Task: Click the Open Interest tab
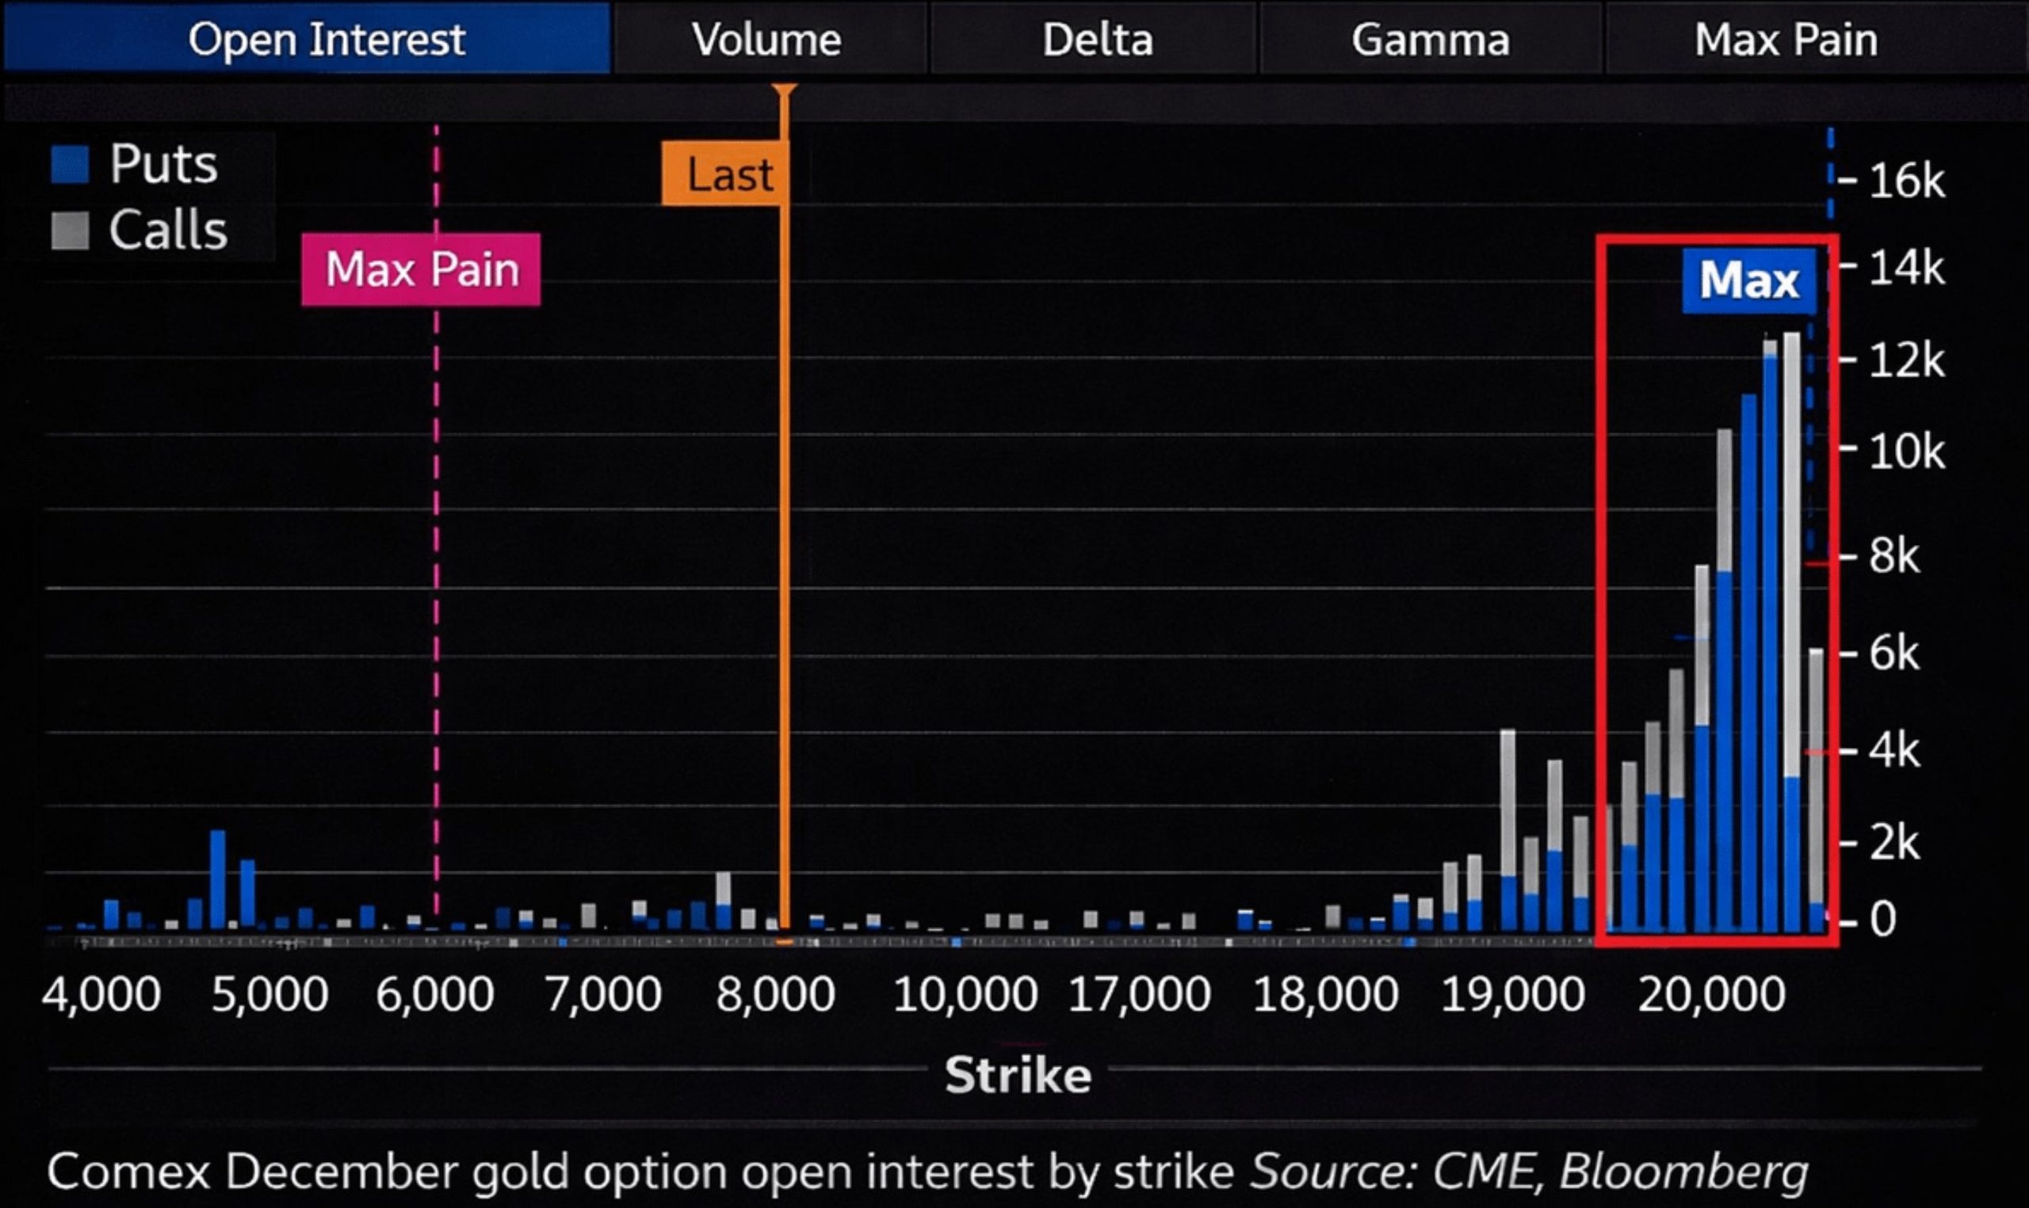point(326,39)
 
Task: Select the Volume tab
point(766,39)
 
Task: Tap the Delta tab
point(1097,39)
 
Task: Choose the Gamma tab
point(1430,39)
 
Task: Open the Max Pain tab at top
point(1786,39)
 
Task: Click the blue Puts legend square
point(70,165)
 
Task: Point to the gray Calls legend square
point(70,231)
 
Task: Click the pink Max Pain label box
point(421,269)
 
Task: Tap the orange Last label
point(727,174)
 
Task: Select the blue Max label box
point(1749,281)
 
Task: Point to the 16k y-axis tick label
point(1906,181)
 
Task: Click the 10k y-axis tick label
point(1906,451)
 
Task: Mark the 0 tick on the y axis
point(1882,920)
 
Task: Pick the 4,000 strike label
point(101,995)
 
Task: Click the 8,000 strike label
point(775,995)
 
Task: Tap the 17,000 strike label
point(1139,995)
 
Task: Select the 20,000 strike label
point(1711,995)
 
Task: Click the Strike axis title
point(1018,1075)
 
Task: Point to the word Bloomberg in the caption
point(1683,1172)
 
